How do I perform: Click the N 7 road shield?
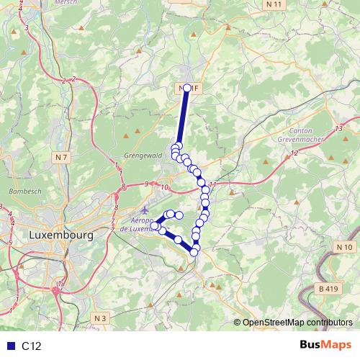(x=60, y=156)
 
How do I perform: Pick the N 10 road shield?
(x=345, y=247)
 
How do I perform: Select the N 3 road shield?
(x=100, y=318)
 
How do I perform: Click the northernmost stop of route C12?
(x=187, y=88)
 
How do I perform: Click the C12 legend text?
(x=32, y=346)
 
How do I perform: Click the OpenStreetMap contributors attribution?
(x=297, y=323)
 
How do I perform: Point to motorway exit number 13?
(x=338, y=128)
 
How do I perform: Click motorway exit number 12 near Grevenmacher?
(x=294, y=153)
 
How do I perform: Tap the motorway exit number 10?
(x=165, y=188)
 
